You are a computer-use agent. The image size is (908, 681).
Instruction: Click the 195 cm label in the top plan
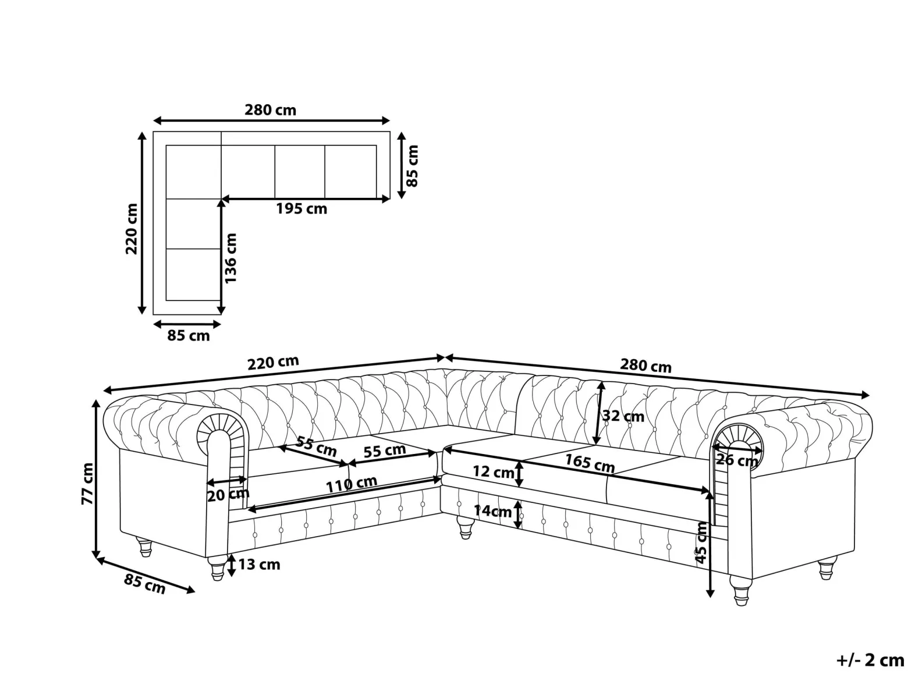pos(301,209)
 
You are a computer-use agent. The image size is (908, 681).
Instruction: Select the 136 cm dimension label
pos(230,258)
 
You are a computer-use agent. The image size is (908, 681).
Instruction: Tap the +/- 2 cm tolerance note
pos(870,660)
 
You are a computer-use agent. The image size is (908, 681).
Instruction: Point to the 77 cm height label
pos(88,484)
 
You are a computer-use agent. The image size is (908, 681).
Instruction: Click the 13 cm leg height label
pos(260,564)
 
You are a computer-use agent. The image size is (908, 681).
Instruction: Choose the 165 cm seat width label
pos(590,463)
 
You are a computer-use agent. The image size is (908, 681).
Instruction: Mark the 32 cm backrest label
pos(623,416)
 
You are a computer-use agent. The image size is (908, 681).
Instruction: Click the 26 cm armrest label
pos(737,460)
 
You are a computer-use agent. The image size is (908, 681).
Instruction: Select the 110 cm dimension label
pos(352,484)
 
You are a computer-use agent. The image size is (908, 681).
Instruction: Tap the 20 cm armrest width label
pos(228,495)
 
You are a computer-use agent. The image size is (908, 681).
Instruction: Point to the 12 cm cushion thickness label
pos(494,471)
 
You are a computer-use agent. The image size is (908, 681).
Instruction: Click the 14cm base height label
pos(492,511)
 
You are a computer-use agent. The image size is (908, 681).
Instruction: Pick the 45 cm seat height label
pos(701,542)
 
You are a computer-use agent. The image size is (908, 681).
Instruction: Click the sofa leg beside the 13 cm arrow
pos(217,568)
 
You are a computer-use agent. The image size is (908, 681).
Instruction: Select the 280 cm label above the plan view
pos(270,110)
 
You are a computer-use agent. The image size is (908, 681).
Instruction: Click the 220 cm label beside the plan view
pos(132,229)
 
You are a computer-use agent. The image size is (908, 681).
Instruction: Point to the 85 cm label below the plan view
pos(189,335)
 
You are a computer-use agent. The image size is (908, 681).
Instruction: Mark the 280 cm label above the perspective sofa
pos(645,366)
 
